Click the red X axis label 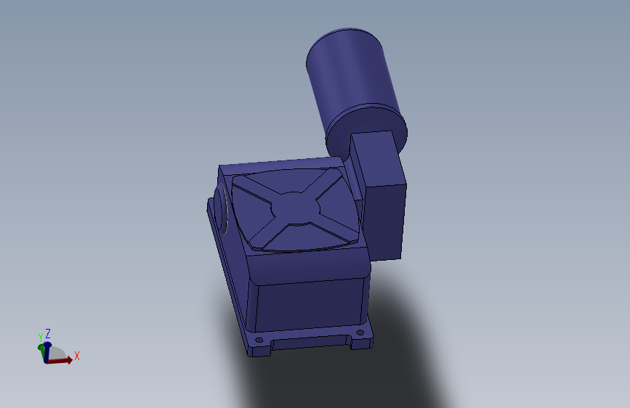pyautogui.click(x=77, y=356)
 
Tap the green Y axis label pyautogui.click(x=40, y=337)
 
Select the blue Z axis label pyautogui.click(x=48, y=333)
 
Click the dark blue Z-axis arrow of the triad pyautogui.click(x=47, y=352)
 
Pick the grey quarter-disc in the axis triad pyautogui.click(x=57, y=353)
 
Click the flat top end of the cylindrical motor pyautogui.click(x=344, y=47)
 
